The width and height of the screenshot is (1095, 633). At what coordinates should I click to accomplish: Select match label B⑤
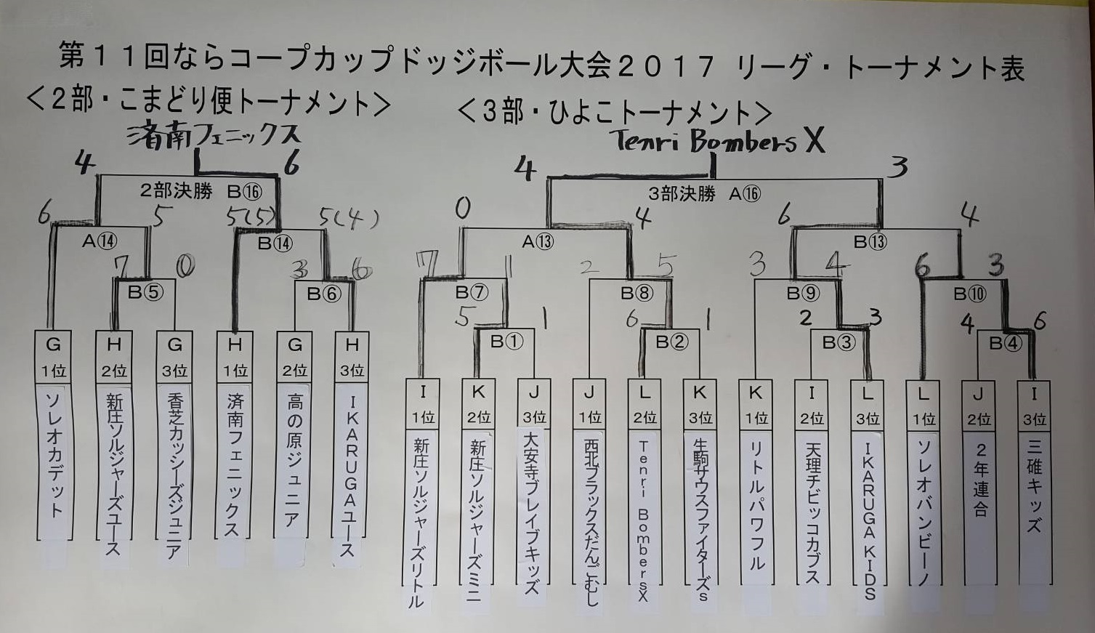145,292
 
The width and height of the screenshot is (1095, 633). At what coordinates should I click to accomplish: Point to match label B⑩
969,293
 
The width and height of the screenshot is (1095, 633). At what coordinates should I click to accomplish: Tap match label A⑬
537,241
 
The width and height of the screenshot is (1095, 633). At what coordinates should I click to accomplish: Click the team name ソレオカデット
54,454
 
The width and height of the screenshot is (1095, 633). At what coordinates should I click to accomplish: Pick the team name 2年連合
979,479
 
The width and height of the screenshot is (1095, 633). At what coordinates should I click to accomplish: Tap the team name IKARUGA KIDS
868,516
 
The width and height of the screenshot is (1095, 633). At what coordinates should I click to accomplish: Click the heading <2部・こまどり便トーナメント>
208,102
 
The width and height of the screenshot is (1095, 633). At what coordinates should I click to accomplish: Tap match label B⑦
472,292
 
